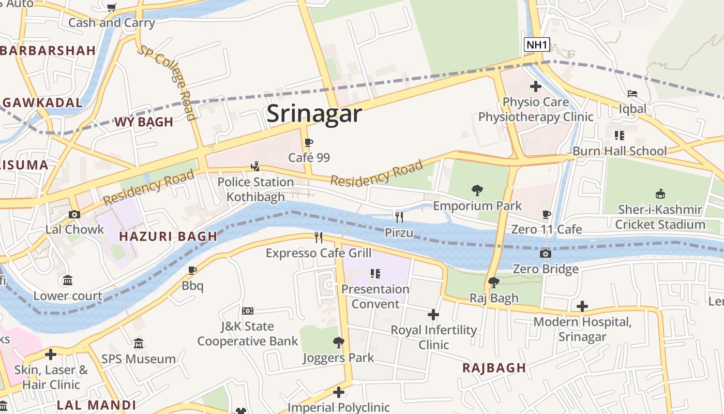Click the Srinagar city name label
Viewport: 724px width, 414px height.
314,113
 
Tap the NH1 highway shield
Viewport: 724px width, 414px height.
537,45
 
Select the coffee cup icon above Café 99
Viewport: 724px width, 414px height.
309,143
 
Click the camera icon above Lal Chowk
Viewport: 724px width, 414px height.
74,214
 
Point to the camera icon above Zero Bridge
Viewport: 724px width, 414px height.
545,254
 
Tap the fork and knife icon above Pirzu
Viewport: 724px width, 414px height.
399,217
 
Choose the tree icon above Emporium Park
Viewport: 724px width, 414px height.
477,190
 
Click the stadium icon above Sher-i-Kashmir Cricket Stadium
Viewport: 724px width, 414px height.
660,194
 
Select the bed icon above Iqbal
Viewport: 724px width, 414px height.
632,94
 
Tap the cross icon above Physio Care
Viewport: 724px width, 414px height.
535,86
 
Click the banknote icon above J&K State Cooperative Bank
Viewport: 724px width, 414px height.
248,311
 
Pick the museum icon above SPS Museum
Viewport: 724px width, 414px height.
138,344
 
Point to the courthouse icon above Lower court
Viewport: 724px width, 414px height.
68,280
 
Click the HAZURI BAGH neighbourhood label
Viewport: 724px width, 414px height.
168,236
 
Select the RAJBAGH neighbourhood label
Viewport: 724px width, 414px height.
494,368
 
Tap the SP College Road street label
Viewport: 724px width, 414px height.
167,82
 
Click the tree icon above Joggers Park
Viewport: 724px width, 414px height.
338,342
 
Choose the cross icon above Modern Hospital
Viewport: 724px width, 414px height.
582,306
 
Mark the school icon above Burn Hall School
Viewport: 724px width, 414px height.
619,136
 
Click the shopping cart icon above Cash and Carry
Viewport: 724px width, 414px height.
111,7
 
